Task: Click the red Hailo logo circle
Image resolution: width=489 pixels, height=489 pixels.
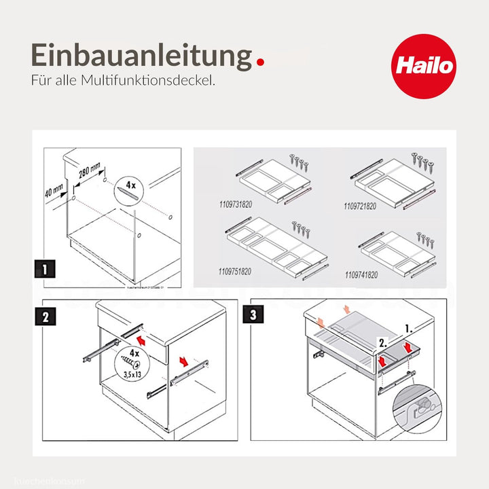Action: [424, 66]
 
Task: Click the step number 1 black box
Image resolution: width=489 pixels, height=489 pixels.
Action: [46, 270]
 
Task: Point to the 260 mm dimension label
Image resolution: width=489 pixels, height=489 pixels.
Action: [89, 172]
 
